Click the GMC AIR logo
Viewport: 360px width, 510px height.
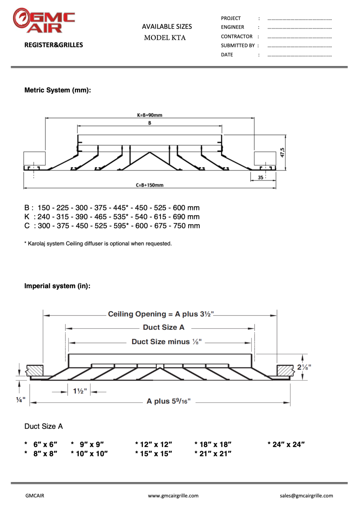tap(44, 21)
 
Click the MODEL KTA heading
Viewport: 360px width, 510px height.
tap(165, 38)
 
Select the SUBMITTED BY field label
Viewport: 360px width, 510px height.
tap(238, 45)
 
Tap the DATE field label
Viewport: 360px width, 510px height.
tap(227, 55)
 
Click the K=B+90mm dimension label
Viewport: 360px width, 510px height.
tap(150, 115)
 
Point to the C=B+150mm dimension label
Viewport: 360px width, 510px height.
tap(150, 185)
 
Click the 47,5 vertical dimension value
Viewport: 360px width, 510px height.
tap(282, 153)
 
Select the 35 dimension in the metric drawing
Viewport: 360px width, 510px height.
tap(261, 178)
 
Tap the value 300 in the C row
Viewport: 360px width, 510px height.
tap(44, 226)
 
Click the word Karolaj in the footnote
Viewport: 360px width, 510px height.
tap(37, 244)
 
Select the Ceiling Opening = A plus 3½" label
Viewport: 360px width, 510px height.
tap(161, 314)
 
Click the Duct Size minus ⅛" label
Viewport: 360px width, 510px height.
tap(167, 342)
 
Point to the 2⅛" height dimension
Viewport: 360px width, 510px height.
tap(304, 367)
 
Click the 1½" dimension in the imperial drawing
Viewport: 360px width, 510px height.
tap(80, 391)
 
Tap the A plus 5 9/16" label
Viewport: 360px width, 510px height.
tap(169, 401)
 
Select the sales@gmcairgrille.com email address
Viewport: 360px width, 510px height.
tap(306, 496)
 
